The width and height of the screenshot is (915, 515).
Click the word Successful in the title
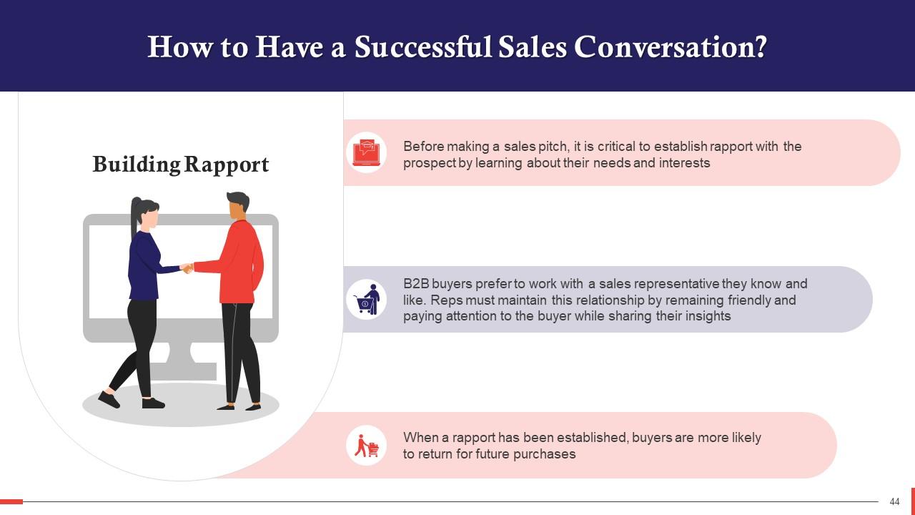click(423, 47)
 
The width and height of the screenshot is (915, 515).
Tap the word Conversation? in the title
click(671, 47)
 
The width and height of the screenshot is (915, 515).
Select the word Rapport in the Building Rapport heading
click(226, 165)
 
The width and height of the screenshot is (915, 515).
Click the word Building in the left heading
click(137, 165)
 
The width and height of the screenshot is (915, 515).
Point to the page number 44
click(894, 502)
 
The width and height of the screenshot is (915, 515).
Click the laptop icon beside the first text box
click(367, 152)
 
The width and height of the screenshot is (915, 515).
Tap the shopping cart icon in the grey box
click(367, 300)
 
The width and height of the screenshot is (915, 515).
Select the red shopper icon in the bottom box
click(367, 446)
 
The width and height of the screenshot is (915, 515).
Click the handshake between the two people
click(187, 268)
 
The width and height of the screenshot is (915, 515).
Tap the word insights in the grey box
click(707, 316)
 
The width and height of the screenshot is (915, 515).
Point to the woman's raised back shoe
click(109, 399)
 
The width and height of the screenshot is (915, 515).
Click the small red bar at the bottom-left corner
click(11, 501)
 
